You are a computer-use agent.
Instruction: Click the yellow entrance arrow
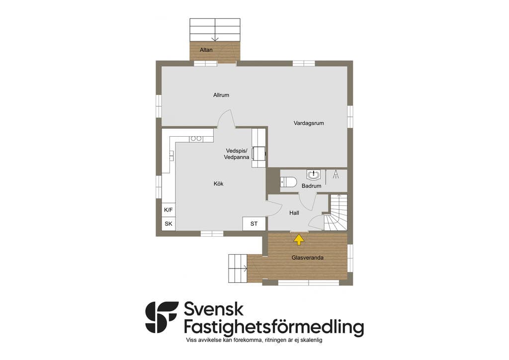(299, 240)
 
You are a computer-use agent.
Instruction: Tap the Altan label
(206, 50)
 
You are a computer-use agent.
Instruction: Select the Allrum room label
(221, 95)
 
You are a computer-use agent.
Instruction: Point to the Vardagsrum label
(309, 123)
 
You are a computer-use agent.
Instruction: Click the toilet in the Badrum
(289, 182)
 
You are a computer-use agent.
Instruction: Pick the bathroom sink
(314, 175)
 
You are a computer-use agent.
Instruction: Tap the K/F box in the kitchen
(169, 210)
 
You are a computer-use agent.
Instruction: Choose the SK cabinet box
(169, 224)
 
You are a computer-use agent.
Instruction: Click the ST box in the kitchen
(254, 224)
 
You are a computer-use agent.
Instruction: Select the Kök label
(219, 184)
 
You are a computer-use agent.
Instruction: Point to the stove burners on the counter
(196, 139)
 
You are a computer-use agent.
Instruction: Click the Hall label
(294, 213)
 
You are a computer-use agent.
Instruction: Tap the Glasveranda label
(307, 258)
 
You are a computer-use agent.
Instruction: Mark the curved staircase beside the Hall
(336, 213)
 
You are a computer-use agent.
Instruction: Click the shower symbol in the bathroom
(336, 175)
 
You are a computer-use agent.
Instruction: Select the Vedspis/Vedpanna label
(237, 154)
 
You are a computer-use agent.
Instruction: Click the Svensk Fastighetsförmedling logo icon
(162, 317)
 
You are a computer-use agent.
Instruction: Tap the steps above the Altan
(215, 30)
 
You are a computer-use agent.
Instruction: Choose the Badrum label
(311, 186)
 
